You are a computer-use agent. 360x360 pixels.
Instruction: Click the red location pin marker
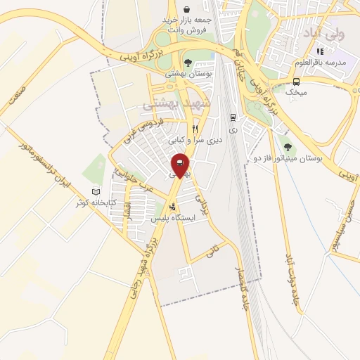point(180,165)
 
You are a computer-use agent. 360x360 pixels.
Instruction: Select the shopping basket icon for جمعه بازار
point(186,9)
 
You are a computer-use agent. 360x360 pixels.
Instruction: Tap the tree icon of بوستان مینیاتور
point(288,147)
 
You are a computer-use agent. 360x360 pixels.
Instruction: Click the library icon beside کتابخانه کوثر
point(96,192)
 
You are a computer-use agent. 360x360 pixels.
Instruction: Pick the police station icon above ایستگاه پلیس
point(173,207)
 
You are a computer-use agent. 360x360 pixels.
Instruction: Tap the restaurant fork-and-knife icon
point(195,129)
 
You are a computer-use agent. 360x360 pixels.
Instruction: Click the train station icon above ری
point(233,117)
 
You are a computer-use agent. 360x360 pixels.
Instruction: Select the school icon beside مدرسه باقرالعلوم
point(321,51)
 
